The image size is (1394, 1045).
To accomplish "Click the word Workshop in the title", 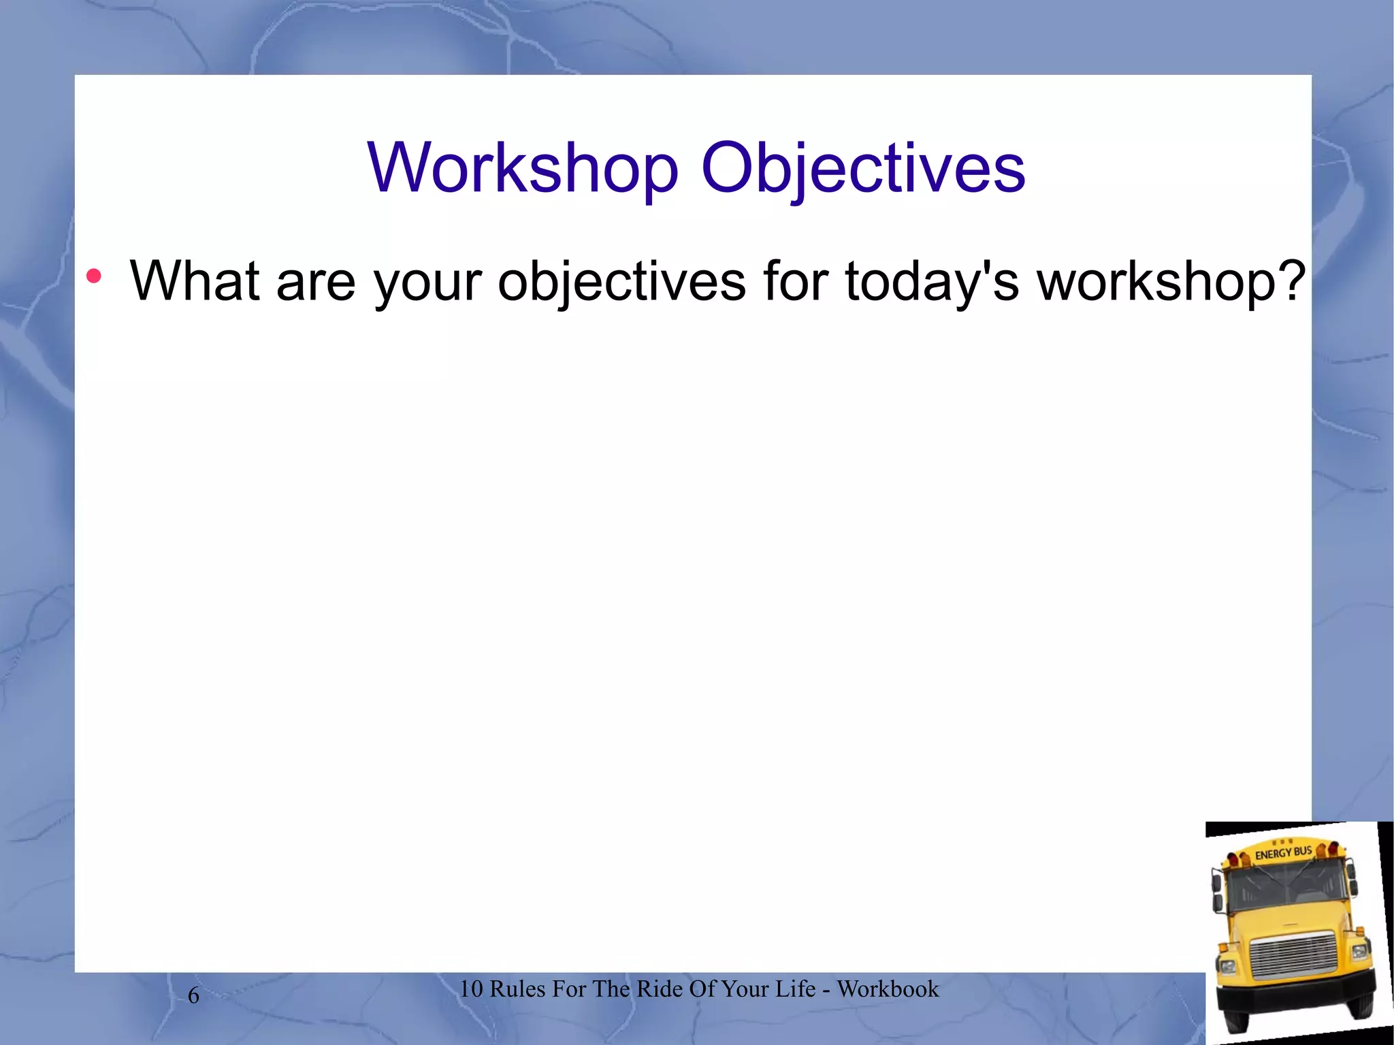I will click(523, 168).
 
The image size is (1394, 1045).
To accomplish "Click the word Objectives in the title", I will click(862, 168).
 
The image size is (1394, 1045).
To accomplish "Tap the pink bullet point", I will click(94, 276).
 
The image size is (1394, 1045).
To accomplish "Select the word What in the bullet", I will click(195, 280).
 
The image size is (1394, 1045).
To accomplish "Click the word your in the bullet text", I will click(428, 282).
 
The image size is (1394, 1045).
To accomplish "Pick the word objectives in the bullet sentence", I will click(621, 282).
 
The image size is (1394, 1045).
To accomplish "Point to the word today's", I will click(932, 282).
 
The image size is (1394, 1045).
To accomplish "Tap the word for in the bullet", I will click(795, 280).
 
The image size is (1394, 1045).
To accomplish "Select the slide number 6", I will click(193, 995).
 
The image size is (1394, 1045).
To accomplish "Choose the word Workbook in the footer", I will click(888, 988).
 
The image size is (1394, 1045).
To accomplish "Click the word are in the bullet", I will click(316, 282).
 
